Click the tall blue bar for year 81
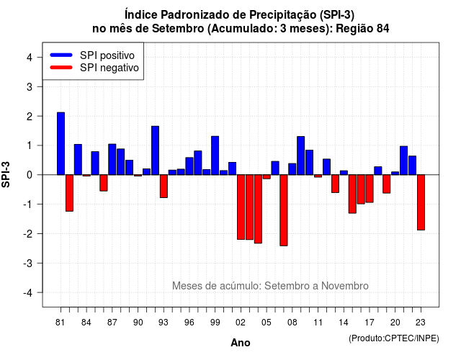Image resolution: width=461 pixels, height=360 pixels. (61, 144)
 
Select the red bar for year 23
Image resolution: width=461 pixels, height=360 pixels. (421, 202)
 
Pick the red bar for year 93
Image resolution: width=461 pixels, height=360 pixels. (164, 186)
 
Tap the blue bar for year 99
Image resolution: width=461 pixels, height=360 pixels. (215, 156)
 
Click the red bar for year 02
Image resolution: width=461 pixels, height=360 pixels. (241, 207)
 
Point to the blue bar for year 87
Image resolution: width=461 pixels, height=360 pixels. (112, 159)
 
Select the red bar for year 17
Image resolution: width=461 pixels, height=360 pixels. (370, 189)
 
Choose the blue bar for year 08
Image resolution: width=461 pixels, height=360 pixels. (292, 169)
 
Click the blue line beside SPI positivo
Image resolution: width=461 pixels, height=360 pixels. (61, 55)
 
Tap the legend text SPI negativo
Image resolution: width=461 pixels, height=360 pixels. (109, 68)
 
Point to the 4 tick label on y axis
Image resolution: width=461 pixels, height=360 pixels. (30, 58)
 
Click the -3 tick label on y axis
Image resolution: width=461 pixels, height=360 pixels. (27, 263)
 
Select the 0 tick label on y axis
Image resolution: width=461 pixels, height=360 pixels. (30, 175)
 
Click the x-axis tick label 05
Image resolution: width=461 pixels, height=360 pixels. (267, 323)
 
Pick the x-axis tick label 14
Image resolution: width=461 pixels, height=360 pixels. (344, 323)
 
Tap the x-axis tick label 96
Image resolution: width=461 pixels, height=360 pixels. (189, 323)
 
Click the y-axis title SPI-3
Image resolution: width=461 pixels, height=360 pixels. (6, 174)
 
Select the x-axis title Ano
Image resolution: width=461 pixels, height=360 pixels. (241, 343)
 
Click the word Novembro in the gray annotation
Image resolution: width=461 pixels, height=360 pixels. (345, 286)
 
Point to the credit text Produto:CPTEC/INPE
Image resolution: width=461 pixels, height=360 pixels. (394, 338)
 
